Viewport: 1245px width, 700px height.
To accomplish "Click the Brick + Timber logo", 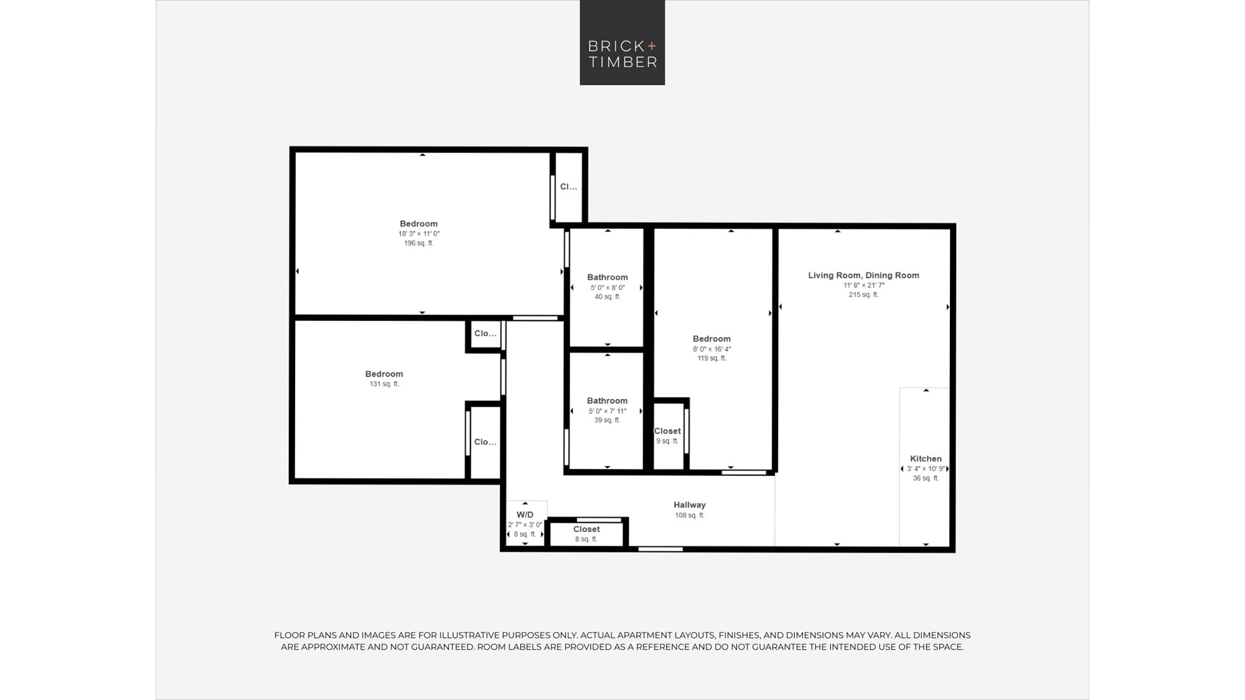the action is (x=622, y=42).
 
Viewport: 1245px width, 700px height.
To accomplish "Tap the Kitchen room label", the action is (x=926, y=459).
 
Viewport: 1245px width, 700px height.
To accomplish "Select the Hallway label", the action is (x=690, y=505).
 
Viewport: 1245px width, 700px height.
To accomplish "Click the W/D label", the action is (x=525, y=515).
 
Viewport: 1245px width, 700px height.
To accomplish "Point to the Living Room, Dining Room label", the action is (x=863, y=275).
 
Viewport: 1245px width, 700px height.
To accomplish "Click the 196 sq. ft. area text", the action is (x=418, y=243).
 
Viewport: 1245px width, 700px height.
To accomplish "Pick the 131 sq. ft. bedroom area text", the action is (x=384, y=384).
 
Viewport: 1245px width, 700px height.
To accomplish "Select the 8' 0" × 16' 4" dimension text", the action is (x=712, y=349).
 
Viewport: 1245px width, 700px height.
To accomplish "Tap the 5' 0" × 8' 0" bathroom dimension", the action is (x=608, y=287).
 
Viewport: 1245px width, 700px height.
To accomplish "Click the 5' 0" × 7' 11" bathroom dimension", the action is (x=607, y=411).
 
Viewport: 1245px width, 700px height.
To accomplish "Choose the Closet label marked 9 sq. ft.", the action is (x=667, y=431).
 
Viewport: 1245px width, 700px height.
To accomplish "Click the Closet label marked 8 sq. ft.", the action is (x=586, y=530).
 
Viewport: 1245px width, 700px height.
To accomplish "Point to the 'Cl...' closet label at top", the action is (x=568, y=187).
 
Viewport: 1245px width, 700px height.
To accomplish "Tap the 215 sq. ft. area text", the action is (x=863, y=294).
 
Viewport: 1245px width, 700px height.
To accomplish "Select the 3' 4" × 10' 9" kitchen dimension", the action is (x=926, y=469).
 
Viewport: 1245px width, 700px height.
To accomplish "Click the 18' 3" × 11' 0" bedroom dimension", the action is (x=419, y=234).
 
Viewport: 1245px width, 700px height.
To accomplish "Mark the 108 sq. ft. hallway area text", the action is (x=690, y=515).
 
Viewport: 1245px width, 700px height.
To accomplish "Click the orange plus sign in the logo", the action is (x=652, y=45).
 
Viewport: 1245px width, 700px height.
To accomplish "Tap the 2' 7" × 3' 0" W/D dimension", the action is (x=525, y=525).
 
